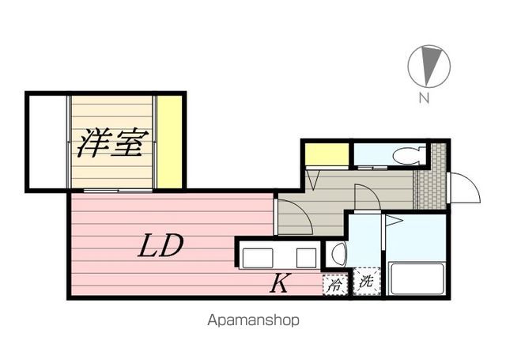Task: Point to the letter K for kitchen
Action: [279, 283]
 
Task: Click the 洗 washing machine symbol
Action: [365, 282]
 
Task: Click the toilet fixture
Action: [410, 154]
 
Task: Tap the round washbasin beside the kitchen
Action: [338, 255]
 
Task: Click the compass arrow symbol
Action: [429, 65]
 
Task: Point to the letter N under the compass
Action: [425, 99]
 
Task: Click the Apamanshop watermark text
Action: [254, 321]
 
